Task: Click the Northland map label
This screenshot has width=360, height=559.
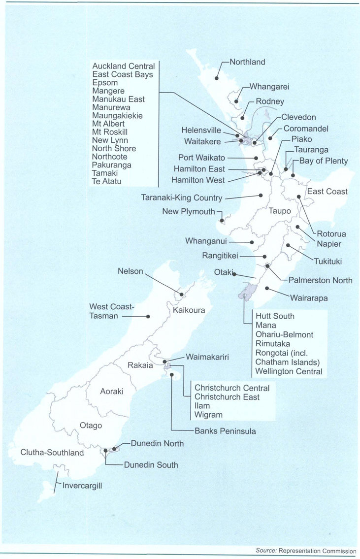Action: point(248,62)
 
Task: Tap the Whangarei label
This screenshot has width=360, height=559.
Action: point(269,87)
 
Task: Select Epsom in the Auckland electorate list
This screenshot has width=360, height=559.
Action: point(105,83)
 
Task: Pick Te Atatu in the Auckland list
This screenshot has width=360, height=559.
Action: point(107,181)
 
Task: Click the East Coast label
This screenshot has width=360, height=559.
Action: point(327,192)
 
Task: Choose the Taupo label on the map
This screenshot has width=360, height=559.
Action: point(280,211)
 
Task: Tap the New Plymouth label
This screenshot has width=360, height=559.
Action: point(189,212)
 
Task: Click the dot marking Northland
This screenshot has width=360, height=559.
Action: point(216,78)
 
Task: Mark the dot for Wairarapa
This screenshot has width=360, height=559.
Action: point(266,288)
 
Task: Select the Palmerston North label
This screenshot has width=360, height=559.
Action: point(320,280)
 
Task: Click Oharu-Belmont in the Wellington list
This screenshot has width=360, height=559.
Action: point(284,334)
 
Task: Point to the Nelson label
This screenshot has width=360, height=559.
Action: point(130,271)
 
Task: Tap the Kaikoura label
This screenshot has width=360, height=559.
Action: point(189,311)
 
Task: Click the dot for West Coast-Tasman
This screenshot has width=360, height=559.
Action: point(147,316)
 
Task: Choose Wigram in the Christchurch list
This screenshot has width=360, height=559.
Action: point(208,415)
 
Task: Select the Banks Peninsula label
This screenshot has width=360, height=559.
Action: point(225,431)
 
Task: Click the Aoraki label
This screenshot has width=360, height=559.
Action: point(111,392)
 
